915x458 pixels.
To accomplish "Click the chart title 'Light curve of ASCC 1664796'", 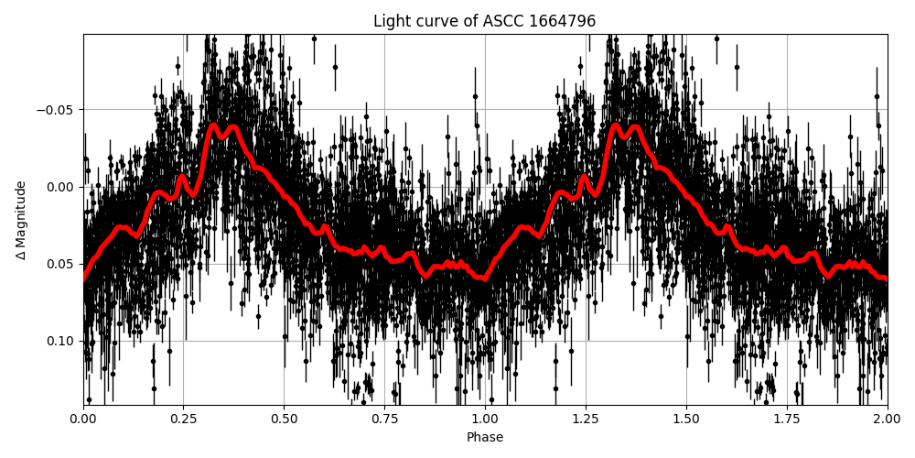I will [484, 21].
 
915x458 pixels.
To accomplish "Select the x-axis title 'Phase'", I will [484, 438].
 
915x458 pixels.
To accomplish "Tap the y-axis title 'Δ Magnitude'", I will [21, 220].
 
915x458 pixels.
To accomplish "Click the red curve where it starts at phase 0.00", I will [84, 278].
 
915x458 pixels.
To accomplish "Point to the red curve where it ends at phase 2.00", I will [886, 278].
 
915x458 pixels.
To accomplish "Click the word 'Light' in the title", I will [391, 21].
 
